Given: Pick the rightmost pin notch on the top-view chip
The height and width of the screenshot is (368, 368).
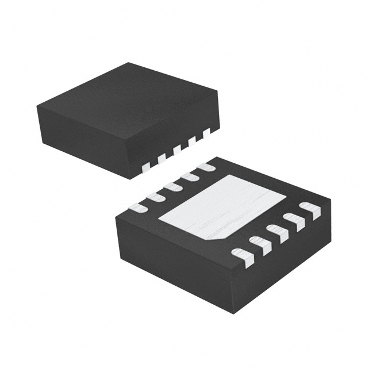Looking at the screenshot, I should click(x=206, y=132).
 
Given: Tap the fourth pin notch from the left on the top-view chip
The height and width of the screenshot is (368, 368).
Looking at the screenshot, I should click(x=192, y=140).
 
